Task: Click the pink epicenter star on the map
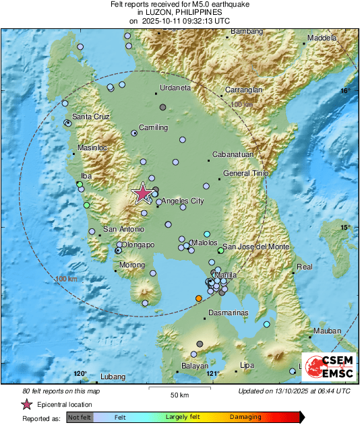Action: point(142,193)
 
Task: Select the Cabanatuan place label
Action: point(232,154)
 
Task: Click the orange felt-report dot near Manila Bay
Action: point(198,298)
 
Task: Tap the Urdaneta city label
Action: point(175,88)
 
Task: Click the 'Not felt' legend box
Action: point(80,417)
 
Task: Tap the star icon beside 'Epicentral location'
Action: point(27,404)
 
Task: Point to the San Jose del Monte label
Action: point(256,247)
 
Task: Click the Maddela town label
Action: point(322,38)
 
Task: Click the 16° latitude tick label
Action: point(345,90)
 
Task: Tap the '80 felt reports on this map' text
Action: point(61,391)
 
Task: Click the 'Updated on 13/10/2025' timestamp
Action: point(294,391)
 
